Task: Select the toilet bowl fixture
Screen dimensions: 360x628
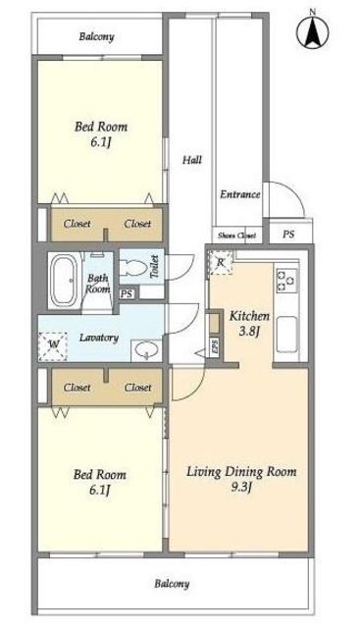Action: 133,267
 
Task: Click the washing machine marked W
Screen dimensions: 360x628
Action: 53,346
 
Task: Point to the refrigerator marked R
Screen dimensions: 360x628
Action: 221,263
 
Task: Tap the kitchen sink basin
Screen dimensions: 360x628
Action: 287,335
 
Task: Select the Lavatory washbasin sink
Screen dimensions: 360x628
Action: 146,349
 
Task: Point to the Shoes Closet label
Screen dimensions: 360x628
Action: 236,235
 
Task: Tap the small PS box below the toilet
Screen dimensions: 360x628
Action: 127,294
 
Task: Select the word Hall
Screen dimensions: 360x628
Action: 192,160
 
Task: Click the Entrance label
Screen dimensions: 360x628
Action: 240,194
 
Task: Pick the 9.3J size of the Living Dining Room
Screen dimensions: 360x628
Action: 241,488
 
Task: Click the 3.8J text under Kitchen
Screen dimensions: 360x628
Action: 248,332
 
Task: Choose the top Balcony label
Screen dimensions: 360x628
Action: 96,37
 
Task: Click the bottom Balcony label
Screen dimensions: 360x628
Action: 173,584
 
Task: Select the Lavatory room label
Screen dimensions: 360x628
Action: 99,338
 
